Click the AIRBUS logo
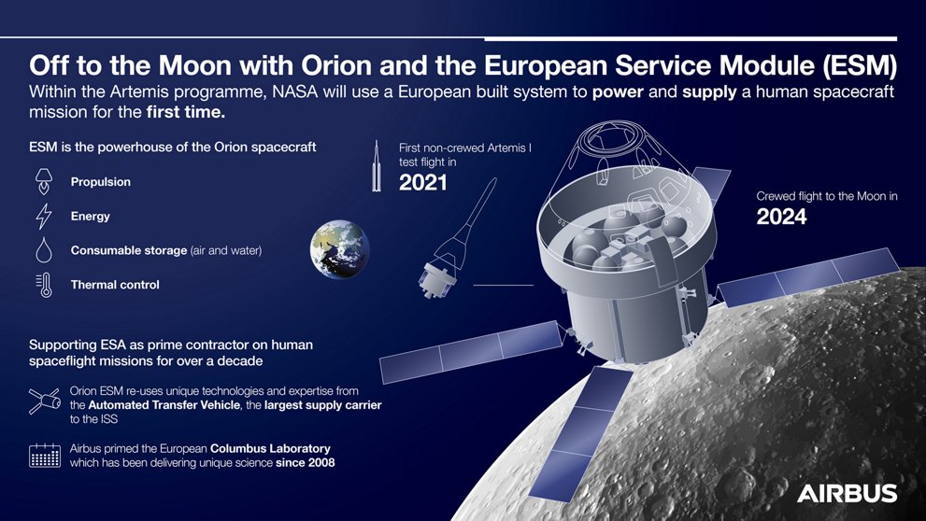click(847, 493)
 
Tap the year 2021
click(423, 182)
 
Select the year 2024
click(781, 217)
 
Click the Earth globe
click(339, 249)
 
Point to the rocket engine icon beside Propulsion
click(44, 181)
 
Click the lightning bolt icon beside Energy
click(44, 216)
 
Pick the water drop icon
click(44, 249)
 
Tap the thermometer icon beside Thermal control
click(44, 285)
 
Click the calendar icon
click(45, 456)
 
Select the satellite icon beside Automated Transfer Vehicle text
click(44, 401)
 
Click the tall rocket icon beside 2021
click(377, 166)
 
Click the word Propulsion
click(100, 182)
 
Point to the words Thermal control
click(115, 285)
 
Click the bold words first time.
click(186, 111)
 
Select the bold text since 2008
click(306, 462)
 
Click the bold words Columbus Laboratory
click(270, 448)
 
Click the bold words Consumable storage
click(129, 250)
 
